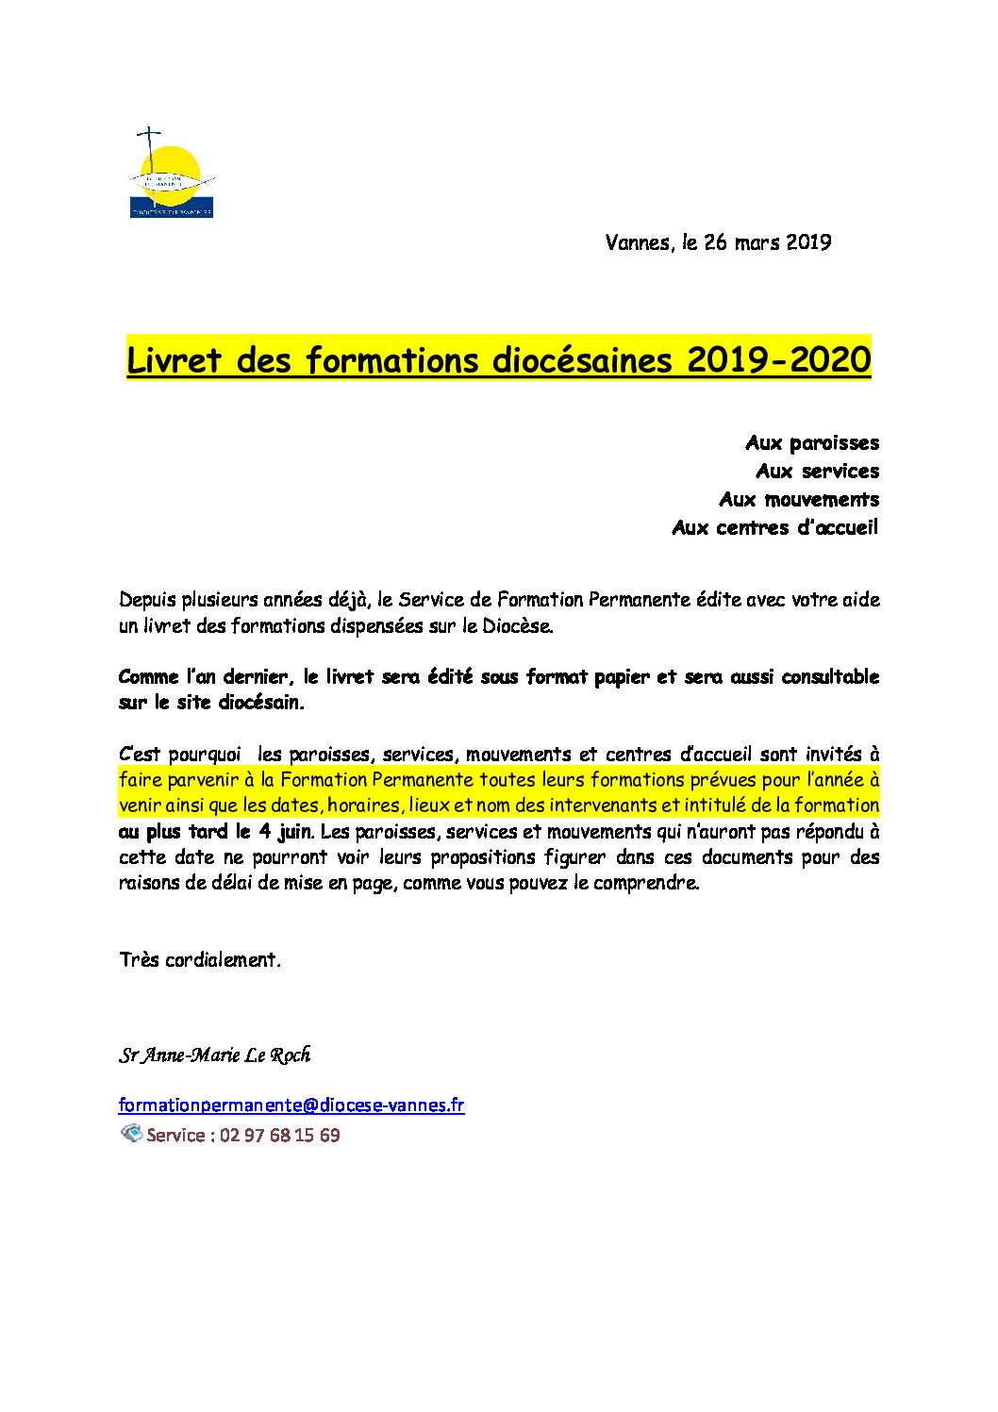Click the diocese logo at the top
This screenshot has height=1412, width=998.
(171, 174)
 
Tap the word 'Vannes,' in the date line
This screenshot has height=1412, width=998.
(640, 242)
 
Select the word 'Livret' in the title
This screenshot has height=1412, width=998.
(174, 359)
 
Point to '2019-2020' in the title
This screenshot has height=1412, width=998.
(778, 359)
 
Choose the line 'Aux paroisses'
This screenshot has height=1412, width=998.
(812, 442)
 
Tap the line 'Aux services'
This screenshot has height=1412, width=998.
(817, 471)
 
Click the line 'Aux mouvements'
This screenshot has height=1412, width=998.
(799, 499)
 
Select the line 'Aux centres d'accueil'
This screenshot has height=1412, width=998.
(774, 527)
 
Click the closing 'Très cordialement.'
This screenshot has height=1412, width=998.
(200, 960)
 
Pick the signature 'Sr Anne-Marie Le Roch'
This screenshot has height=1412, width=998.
(214, 1055)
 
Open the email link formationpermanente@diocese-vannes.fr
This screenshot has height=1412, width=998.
(291, 1105)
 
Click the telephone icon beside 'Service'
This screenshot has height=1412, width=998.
(131, 1133)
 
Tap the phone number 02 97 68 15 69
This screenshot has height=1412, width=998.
(279, 1135)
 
